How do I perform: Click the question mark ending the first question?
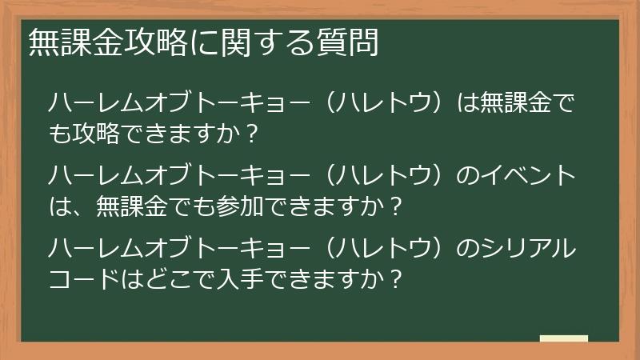(x=253, y=134)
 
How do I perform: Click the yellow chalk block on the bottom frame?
(x=563, y=340)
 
